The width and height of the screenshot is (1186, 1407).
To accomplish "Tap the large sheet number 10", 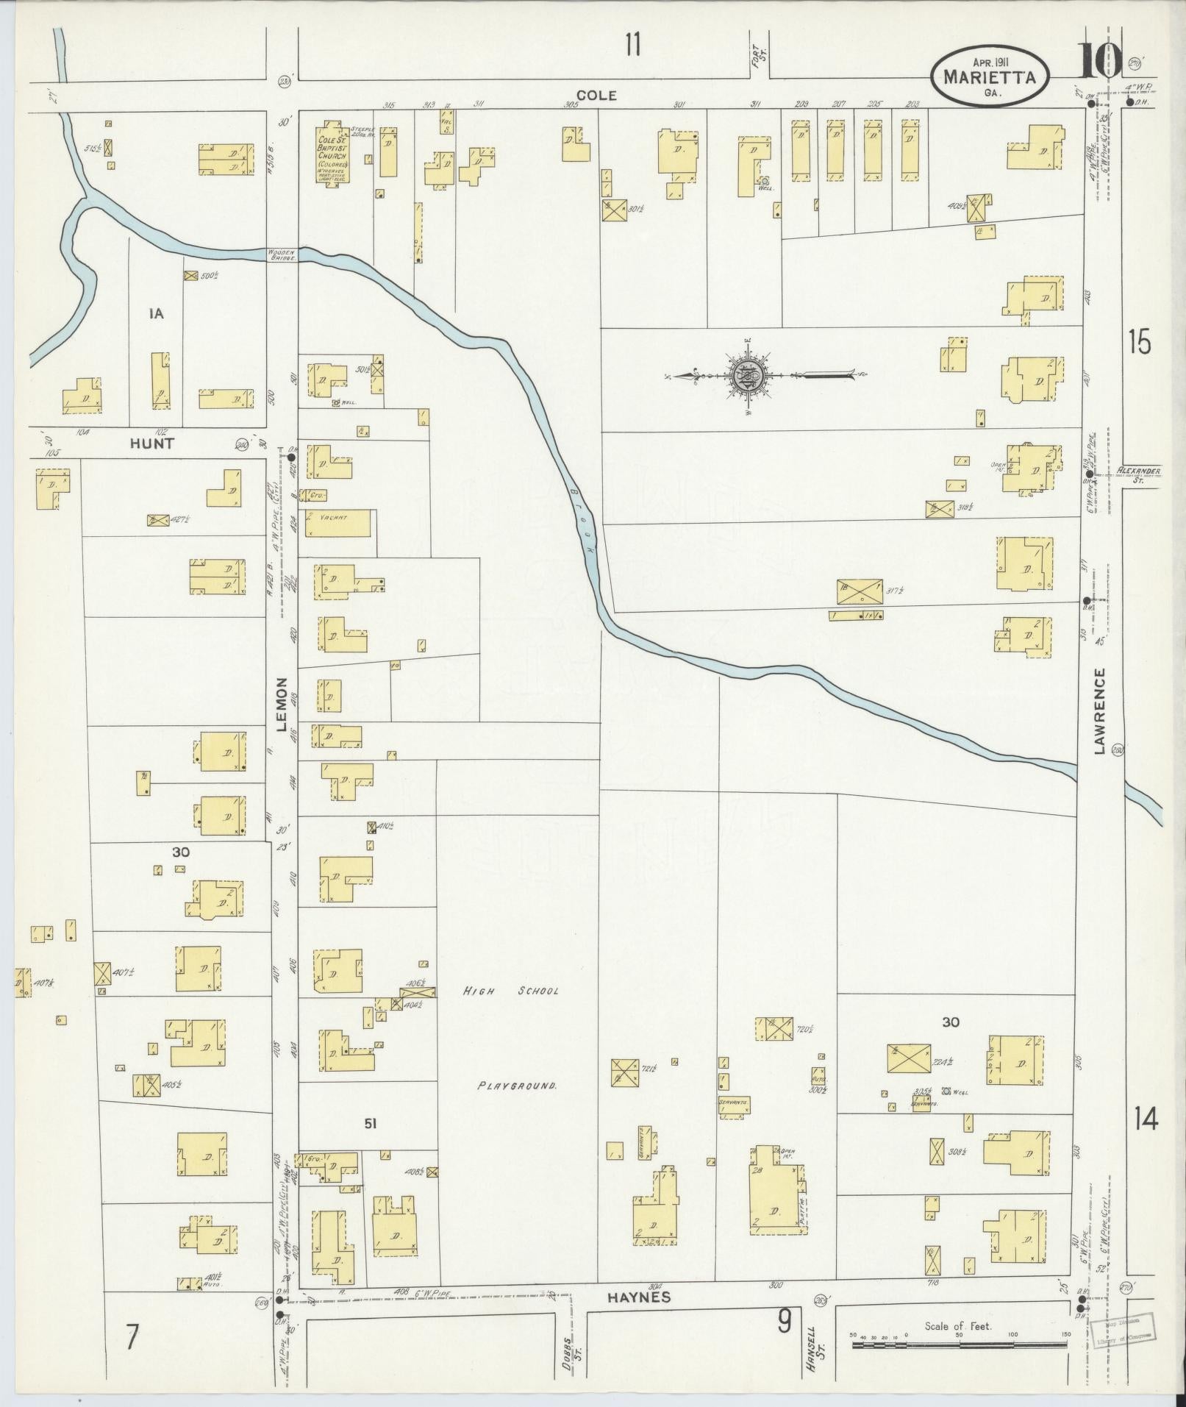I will point(1101,61).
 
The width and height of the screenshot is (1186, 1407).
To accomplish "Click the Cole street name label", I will point(596,95).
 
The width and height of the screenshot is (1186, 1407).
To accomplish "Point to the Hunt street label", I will point(152,444).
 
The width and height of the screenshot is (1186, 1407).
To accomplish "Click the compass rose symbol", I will point(748,376).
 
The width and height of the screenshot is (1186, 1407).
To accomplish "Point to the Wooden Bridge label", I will point(282,254).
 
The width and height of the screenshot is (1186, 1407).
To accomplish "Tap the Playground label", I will point(517,1085).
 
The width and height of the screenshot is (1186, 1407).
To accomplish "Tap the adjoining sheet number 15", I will point(1139,343).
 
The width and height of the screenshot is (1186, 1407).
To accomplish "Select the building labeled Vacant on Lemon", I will point(337,522).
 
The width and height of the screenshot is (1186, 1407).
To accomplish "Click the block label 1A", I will point(156,314).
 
